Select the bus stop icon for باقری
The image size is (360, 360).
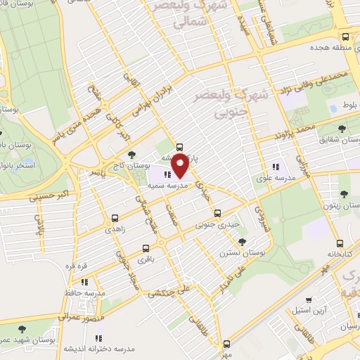[x=146, y=248]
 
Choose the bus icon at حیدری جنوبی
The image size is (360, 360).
[x=217, y=212]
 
